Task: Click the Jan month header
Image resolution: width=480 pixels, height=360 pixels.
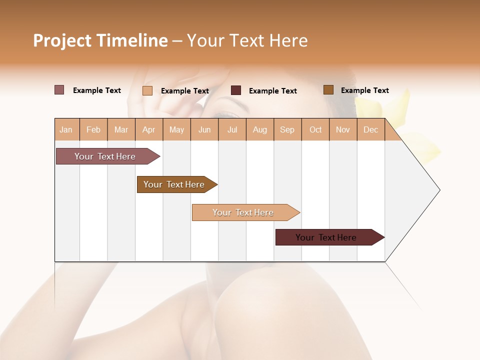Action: point(66,129)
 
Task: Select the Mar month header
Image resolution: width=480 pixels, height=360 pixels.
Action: point(121,129)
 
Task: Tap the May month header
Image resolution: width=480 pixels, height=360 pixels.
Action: point(176,129)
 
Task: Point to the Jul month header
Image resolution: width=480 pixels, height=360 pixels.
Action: point(232,129)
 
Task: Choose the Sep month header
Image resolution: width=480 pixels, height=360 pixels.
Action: point(287,129)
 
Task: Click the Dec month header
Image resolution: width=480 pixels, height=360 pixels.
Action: point(370,129)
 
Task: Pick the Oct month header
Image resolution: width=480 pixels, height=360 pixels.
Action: point(315,129)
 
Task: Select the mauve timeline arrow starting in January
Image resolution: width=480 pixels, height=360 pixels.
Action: point(105,156)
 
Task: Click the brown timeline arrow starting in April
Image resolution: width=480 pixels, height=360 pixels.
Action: point(174,184)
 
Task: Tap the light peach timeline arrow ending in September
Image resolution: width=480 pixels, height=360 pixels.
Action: point(243,212)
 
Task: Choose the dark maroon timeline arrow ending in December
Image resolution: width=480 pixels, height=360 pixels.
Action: point(326,237)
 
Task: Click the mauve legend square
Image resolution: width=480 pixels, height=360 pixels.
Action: point(59,90)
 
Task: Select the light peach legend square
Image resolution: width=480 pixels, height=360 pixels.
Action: point(147,90)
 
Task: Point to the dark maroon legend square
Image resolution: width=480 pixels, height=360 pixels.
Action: point(236,90)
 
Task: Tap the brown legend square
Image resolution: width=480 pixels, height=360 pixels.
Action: point(328,90)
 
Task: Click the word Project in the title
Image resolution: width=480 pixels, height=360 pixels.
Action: point(62,40)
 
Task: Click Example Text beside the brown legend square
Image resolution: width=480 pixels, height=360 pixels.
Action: point(364,90)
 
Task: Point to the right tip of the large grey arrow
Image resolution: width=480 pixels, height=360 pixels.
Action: point(439,190)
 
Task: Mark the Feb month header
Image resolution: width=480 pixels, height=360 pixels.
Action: point(93,129)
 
